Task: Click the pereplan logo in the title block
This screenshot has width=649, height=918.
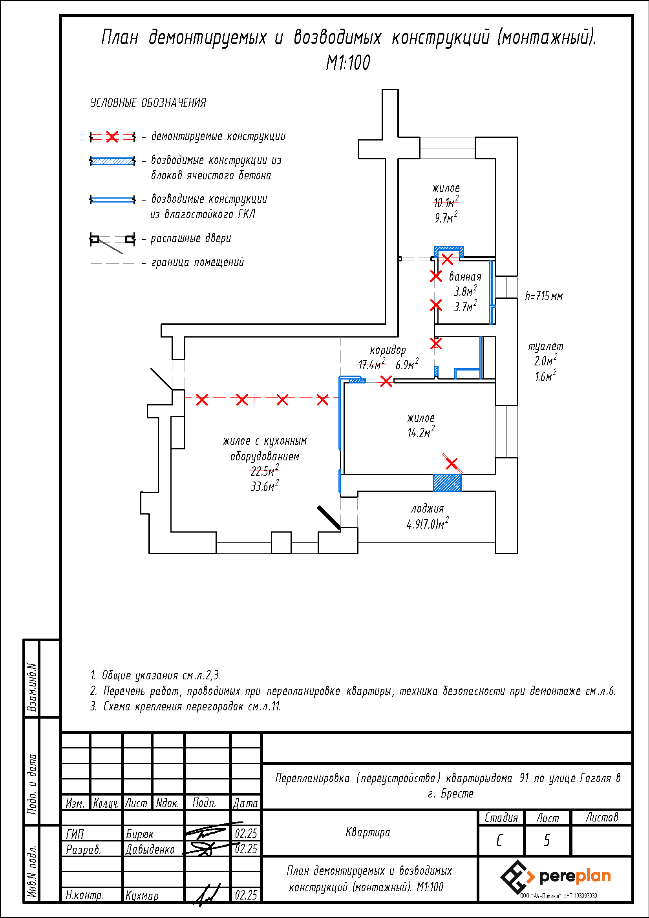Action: [556, 877]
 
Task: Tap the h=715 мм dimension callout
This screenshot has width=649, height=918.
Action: [543, 296]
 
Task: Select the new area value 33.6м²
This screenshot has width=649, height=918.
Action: [264, 486]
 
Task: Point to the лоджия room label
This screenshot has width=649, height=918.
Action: [428, 509]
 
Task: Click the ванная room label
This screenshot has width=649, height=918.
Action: [465, 277]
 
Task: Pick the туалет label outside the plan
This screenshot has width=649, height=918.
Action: [545, 346]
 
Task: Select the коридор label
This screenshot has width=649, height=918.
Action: [388, 350]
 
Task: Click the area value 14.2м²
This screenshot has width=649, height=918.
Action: [420, 433]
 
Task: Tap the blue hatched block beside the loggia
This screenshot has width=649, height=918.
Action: [447, 483]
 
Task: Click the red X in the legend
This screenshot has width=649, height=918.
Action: [112, 137]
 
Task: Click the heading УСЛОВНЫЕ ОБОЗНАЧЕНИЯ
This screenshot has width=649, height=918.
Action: [148, 103]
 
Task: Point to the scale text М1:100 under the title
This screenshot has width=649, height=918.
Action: [348, 63]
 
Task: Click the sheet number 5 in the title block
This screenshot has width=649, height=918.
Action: [547, 840]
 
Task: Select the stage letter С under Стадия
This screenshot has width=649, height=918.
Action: [499, 840]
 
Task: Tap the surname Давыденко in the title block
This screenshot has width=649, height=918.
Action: [150, 849]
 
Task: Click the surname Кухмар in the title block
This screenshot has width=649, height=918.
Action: [142, 896]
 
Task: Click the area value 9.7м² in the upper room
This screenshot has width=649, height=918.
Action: [446, 218]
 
